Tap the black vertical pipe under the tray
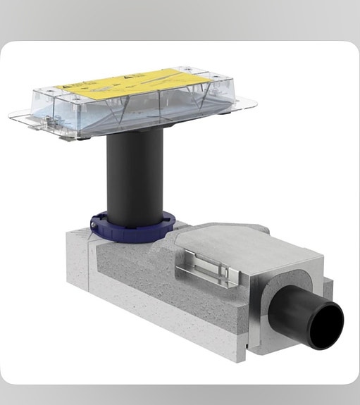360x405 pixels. pyautogui.click(x=135, y=176)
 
